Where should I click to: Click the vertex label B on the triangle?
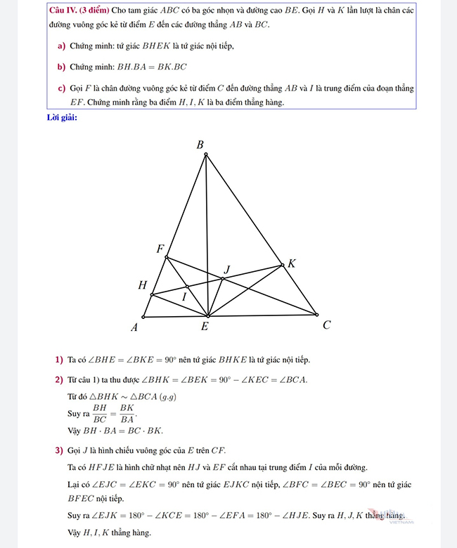point(200,145)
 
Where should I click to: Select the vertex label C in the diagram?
point(326,325)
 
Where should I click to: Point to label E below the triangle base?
point(205,327)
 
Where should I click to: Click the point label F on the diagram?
point(160,249)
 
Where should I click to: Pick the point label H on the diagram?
point(143,285)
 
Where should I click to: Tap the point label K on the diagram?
point(292,263)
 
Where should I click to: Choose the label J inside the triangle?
point(226,270)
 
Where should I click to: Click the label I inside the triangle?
point(184,297)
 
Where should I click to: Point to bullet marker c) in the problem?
point(61,89)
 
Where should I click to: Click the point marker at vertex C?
point(316,315)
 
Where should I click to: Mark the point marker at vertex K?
point(283,265)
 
